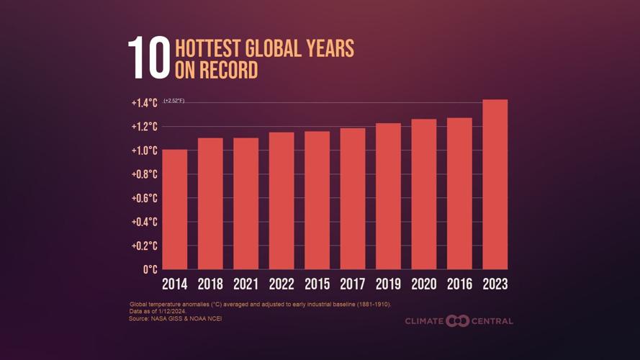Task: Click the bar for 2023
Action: click(495, 184)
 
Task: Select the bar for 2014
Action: click(175, 210)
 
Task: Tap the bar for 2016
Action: click(459, 194)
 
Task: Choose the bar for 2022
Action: click(281, 201)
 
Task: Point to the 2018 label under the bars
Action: click(210, 284)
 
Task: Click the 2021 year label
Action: click(245, 284)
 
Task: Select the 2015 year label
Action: click(317, 284)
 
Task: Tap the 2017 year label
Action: click(353, 284)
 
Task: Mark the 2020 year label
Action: click(424, 284)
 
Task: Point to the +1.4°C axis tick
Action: click(144, 103)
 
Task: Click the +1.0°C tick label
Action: click(144, 150)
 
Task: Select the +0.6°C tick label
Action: click(144, 198)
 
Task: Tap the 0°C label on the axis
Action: click(150, 269)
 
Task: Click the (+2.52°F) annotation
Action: click(174, 101)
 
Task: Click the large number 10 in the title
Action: click(149, 59)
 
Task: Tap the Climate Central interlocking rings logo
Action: click(457, 320)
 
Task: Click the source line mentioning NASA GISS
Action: click(176, 318)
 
